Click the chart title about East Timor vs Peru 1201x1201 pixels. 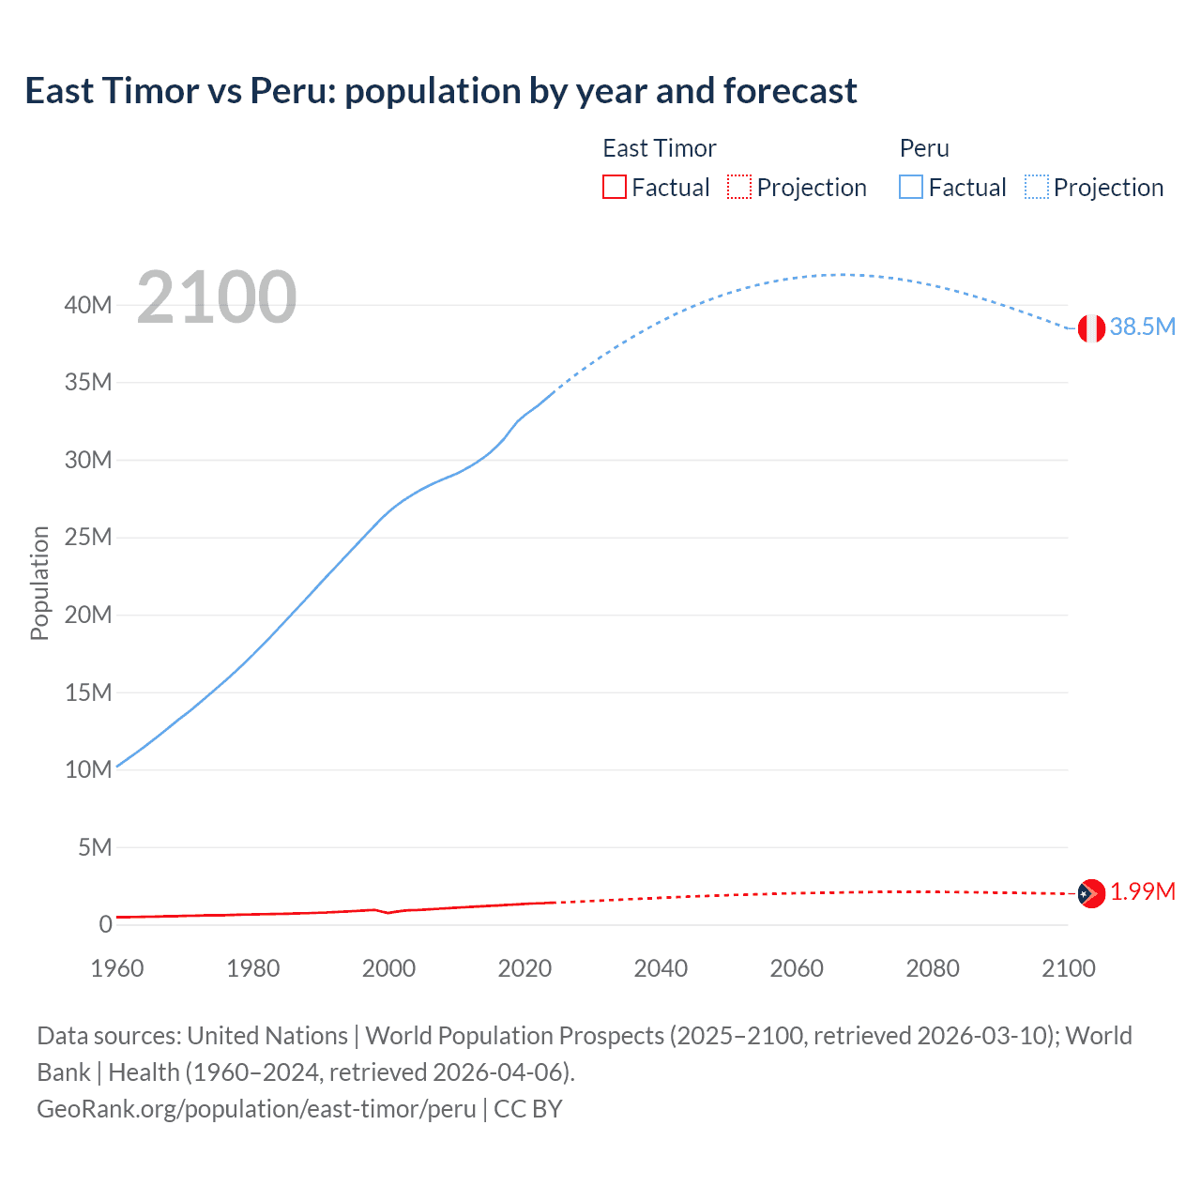pyautogui.click(x=440, y=91)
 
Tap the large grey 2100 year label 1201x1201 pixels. pyautogui.click(x=217, y=297)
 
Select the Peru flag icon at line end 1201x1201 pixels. pyautogui.click(x=1090, y=328)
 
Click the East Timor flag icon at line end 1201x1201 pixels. pyautogui.click(x=1090, y=893)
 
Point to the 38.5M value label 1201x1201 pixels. pyautogui.click(x=1142, y=327)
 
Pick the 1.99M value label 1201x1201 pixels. pyautogui.click(x=1142, y=891)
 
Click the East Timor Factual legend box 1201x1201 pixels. pyautogui.click(x=615, y=188)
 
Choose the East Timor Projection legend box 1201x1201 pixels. pyautogui.click(x=739, y=188)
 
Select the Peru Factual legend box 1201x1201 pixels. pyautogui.click(x=911, y=188)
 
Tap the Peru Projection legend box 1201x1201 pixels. pyautogui.click(x=1037, y=188)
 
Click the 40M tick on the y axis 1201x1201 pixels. pyautogui.click(x=88, y=305)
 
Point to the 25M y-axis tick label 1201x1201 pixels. pyautogui.click(x=88, y=538)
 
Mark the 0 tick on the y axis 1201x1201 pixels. pyautogui.click(x=105, y=924)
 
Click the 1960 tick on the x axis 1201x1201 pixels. pyautogui.click(x=117, y=968)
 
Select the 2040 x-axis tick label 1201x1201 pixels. pyautogui.click(x=661, y=968)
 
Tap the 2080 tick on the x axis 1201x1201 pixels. pyautogui.click(x=933, y=968)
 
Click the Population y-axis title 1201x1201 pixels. pyautogui.click(x=39, y=583)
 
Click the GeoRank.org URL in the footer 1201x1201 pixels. pyautogui.click(x=256, y=1109)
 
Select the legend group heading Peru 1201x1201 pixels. pyautogui.click(x=924, y=148)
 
